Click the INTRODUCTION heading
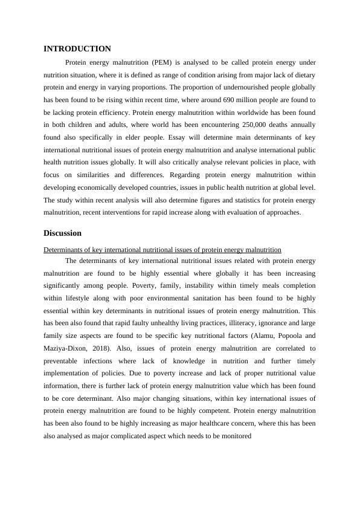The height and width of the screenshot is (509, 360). click(x=77, y=48)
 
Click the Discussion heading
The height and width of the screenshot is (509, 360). click(x=62, y=233)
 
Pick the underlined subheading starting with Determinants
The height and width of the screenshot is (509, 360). click(x=162, y=249)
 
